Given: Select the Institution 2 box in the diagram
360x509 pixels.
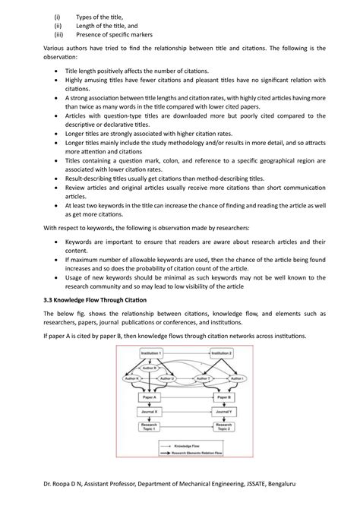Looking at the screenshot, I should (x=221, y=353).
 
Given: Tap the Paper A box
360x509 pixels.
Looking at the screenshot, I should (x=150, y=397).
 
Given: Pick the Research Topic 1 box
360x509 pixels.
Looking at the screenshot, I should (x=150, y=429).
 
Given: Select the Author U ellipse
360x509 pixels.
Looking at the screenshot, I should (x=167, y=378).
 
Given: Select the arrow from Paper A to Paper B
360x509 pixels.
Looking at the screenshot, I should (x=187, y=397).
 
